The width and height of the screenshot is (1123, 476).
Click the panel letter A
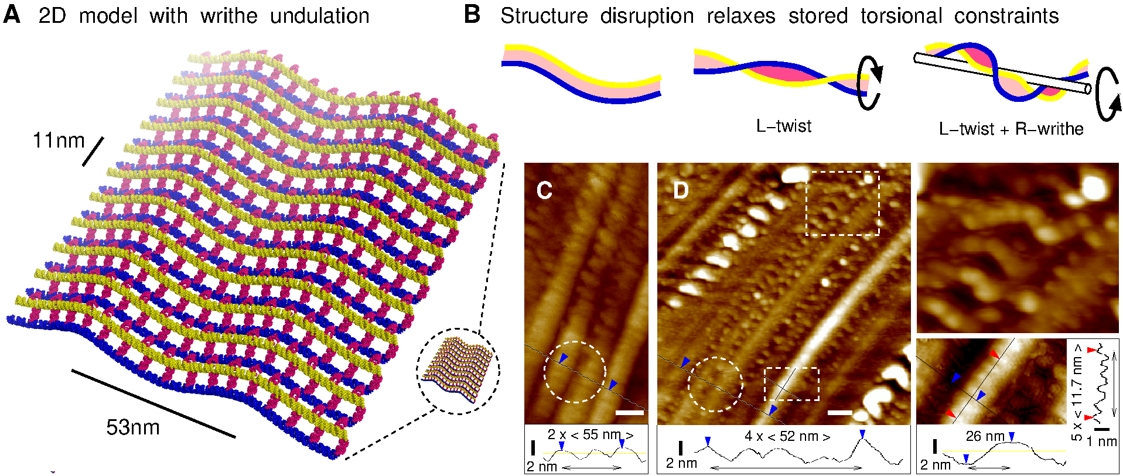[12, 15]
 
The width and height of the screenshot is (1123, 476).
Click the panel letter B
[472, 15]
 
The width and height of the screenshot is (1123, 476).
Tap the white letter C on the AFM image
[544, 190]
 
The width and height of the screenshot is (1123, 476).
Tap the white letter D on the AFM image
[681, 190]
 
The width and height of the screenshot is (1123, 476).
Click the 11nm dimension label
[59, 141]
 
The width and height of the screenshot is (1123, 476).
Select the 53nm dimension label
[133, 427]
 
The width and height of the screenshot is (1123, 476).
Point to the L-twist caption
[783, 126]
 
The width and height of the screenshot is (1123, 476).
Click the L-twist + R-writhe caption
[1011, 129]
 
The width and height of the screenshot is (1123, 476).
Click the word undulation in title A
[320, 16]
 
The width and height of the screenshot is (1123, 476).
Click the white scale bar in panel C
[630, 413]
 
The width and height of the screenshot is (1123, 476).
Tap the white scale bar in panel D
[839, 413]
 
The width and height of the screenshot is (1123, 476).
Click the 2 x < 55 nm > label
[590, 435]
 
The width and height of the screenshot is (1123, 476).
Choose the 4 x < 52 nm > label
[787, 436]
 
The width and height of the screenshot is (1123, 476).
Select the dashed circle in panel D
[715, 384]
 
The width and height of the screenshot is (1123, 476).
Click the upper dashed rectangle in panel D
[842, 203]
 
